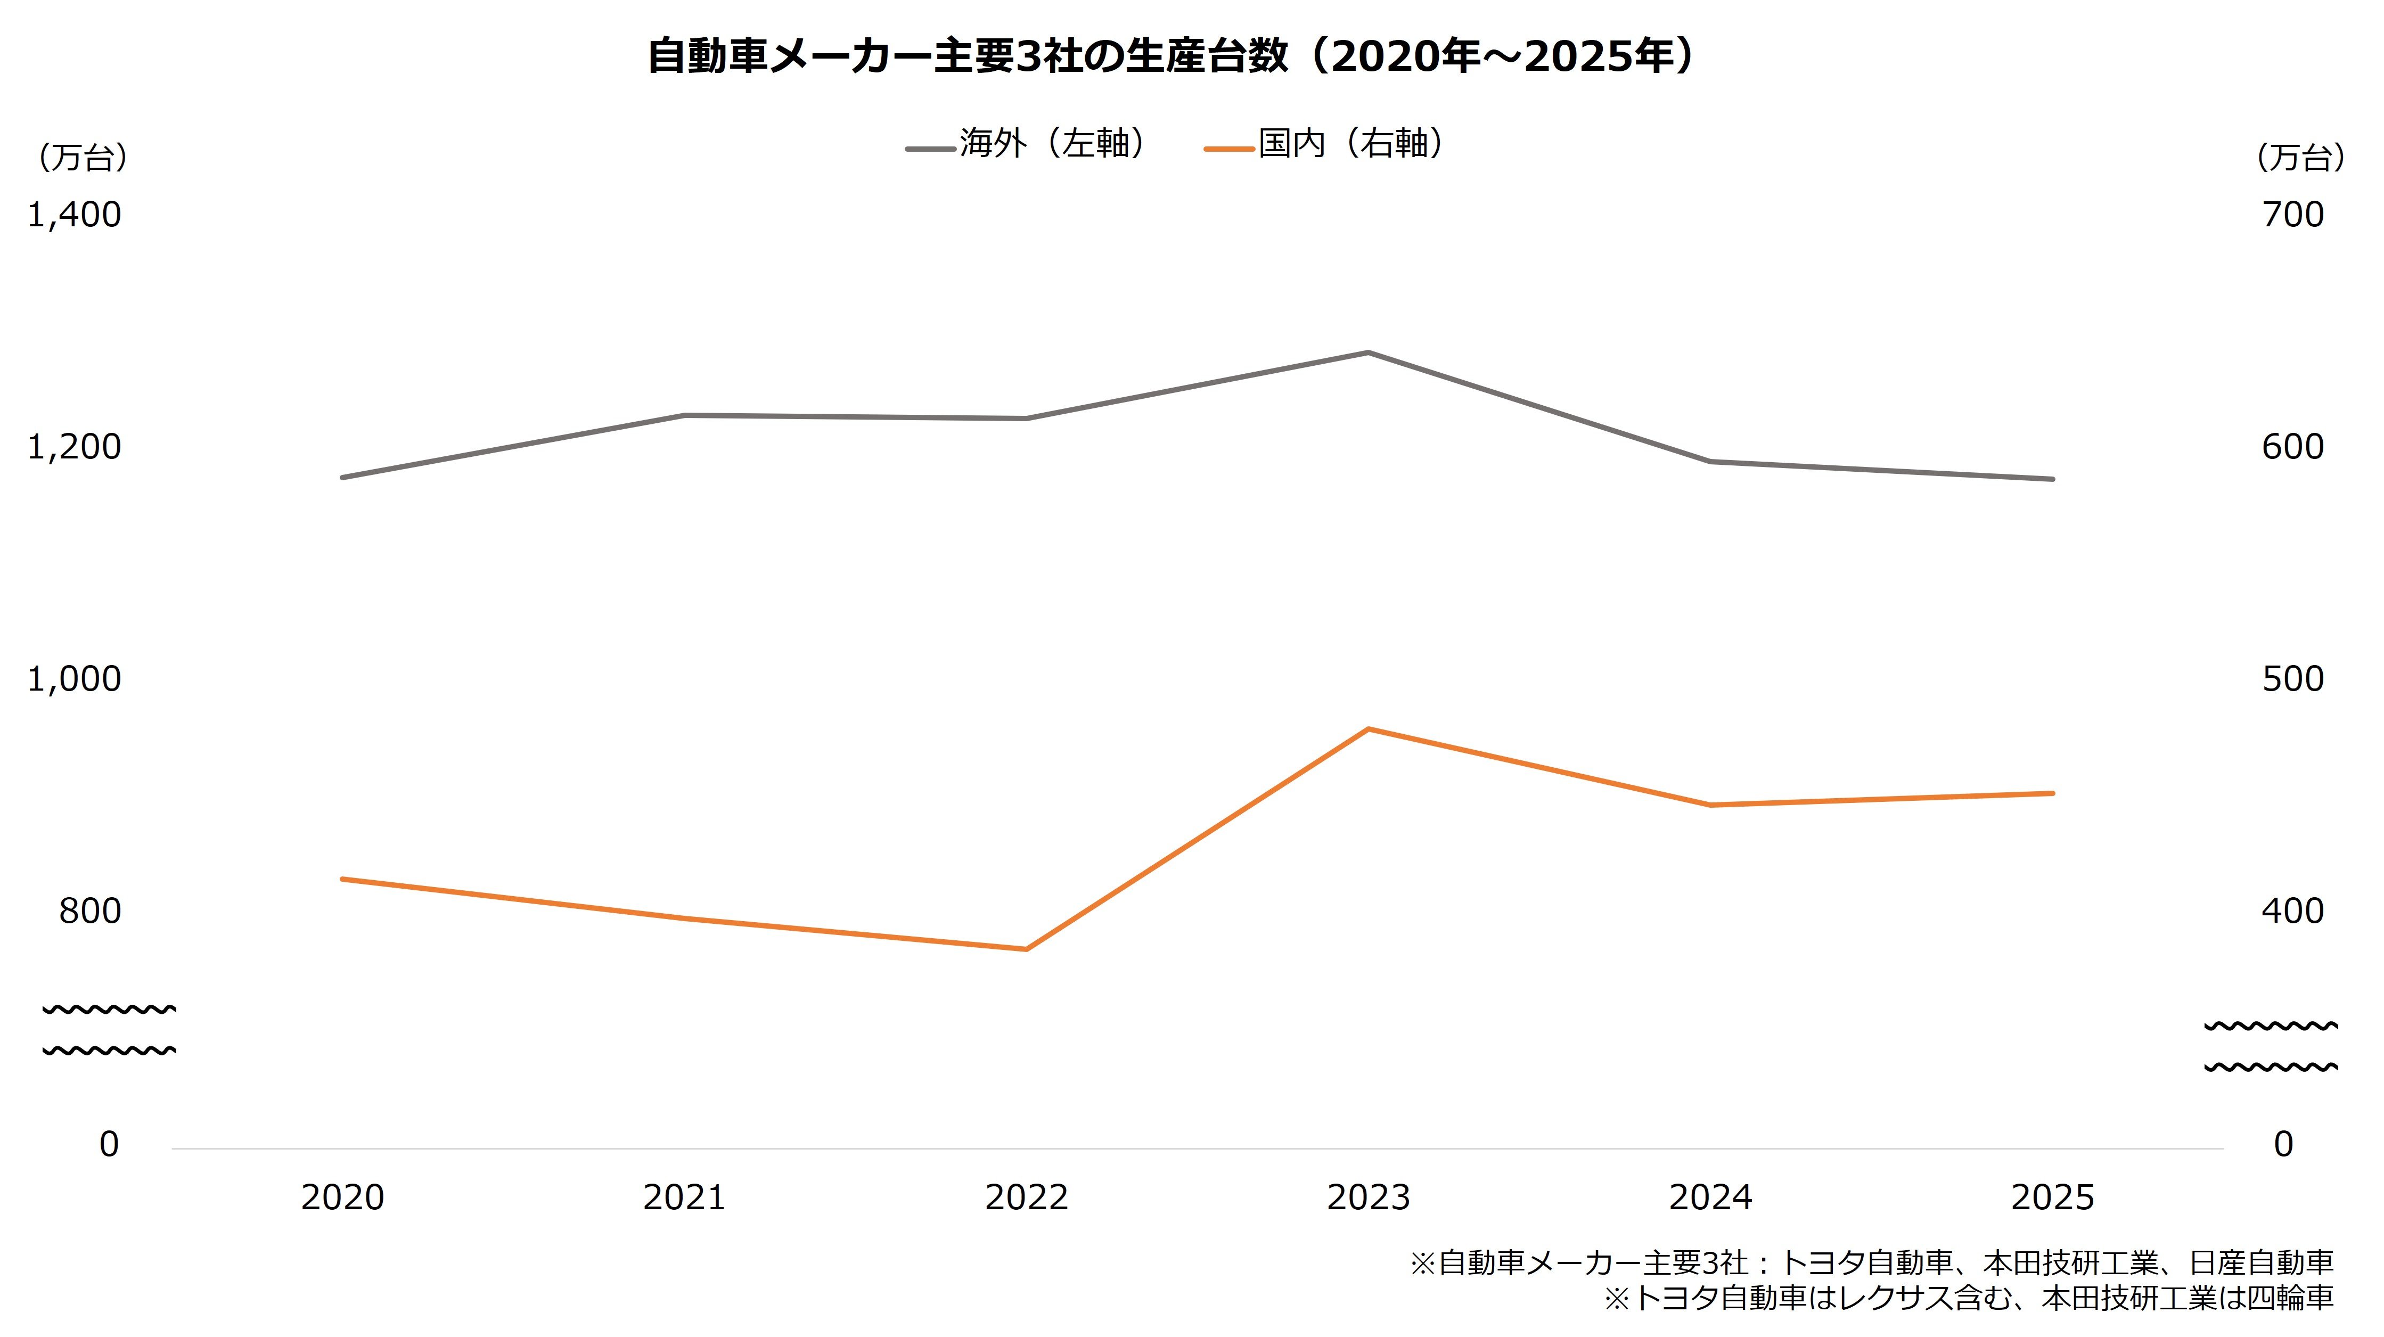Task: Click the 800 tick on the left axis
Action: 90,912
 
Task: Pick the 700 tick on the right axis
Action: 2292,215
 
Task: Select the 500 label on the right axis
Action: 2292,679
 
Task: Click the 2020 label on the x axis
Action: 342,1198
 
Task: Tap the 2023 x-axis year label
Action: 1368,1198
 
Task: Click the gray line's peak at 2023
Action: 1368,352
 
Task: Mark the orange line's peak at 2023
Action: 1368,729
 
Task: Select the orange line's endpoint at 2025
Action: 2053,793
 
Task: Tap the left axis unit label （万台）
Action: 81,157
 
